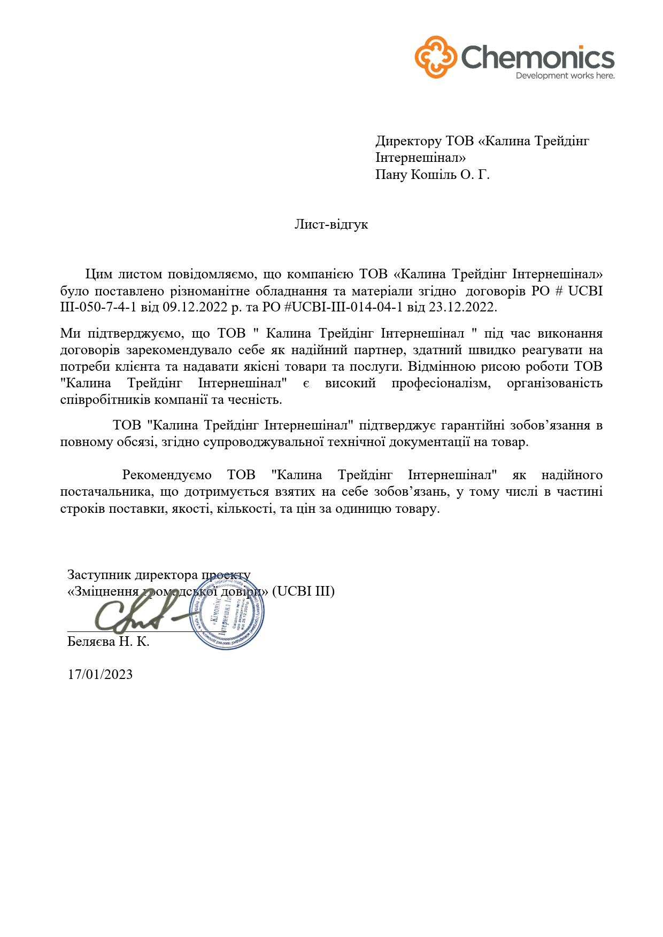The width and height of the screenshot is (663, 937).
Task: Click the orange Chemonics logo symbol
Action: (436, 57)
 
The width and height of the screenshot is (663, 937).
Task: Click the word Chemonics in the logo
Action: (537, 57)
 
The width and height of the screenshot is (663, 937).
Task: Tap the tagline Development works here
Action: (565, 76)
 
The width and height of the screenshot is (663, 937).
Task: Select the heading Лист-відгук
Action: (331, 224)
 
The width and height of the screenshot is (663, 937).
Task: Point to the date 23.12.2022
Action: (462, 308)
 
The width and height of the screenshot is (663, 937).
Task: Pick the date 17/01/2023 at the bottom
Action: (100, 674)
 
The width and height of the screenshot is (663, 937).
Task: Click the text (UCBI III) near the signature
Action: (303, 591)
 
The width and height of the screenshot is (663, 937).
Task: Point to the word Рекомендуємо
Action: (166, 475)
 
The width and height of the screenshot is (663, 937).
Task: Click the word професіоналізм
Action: (441, 383)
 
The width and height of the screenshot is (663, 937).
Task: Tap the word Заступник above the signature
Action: (99, 575)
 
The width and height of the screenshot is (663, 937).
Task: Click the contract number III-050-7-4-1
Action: (98, 308)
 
